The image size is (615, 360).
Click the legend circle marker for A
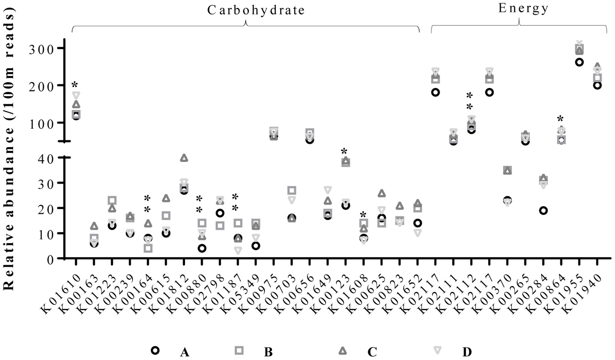[155, 350]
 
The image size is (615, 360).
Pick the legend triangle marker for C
[343, 350]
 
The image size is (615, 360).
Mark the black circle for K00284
[543, 211]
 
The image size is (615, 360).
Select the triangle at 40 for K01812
[184, 158]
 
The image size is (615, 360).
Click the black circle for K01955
[579, 62]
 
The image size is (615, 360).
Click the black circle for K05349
[256, 246]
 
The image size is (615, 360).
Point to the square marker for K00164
[148, 248]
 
